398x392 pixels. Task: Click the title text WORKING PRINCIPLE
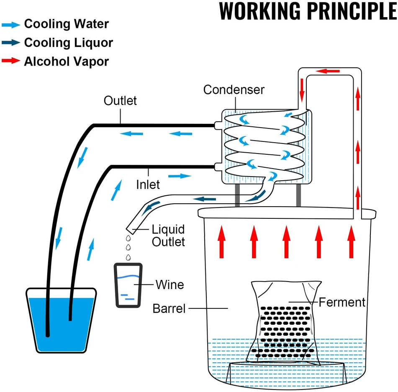point(308,11)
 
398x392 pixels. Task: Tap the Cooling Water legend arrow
point(11,25)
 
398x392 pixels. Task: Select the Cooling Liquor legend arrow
point(11,42)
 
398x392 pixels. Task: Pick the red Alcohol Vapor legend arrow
point(11,61)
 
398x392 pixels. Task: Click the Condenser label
point(234,90)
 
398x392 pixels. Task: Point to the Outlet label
point(120,101)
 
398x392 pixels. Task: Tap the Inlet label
point(148,184)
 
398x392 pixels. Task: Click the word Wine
point(170,284)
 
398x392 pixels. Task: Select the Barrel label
point(169,308)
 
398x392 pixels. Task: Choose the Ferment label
point(342,302)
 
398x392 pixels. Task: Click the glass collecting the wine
point(128,285)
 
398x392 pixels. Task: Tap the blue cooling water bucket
point(61,320)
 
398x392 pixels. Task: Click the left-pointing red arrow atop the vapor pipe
point(328,71)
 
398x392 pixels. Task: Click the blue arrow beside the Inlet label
point(180,176)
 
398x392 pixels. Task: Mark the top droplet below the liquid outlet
point(128,238)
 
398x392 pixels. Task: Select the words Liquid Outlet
point(168,236)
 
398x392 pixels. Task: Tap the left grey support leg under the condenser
point(237,195)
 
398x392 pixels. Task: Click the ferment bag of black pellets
point(285,323)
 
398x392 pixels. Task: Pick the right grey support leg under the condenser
point(298,195)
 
